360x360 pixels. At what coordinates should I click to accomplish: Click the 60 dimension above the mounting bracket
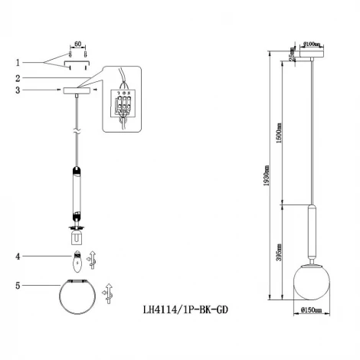point(77,46)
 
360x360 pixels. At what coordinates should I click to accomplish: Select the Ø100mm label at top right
point(311,44)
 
